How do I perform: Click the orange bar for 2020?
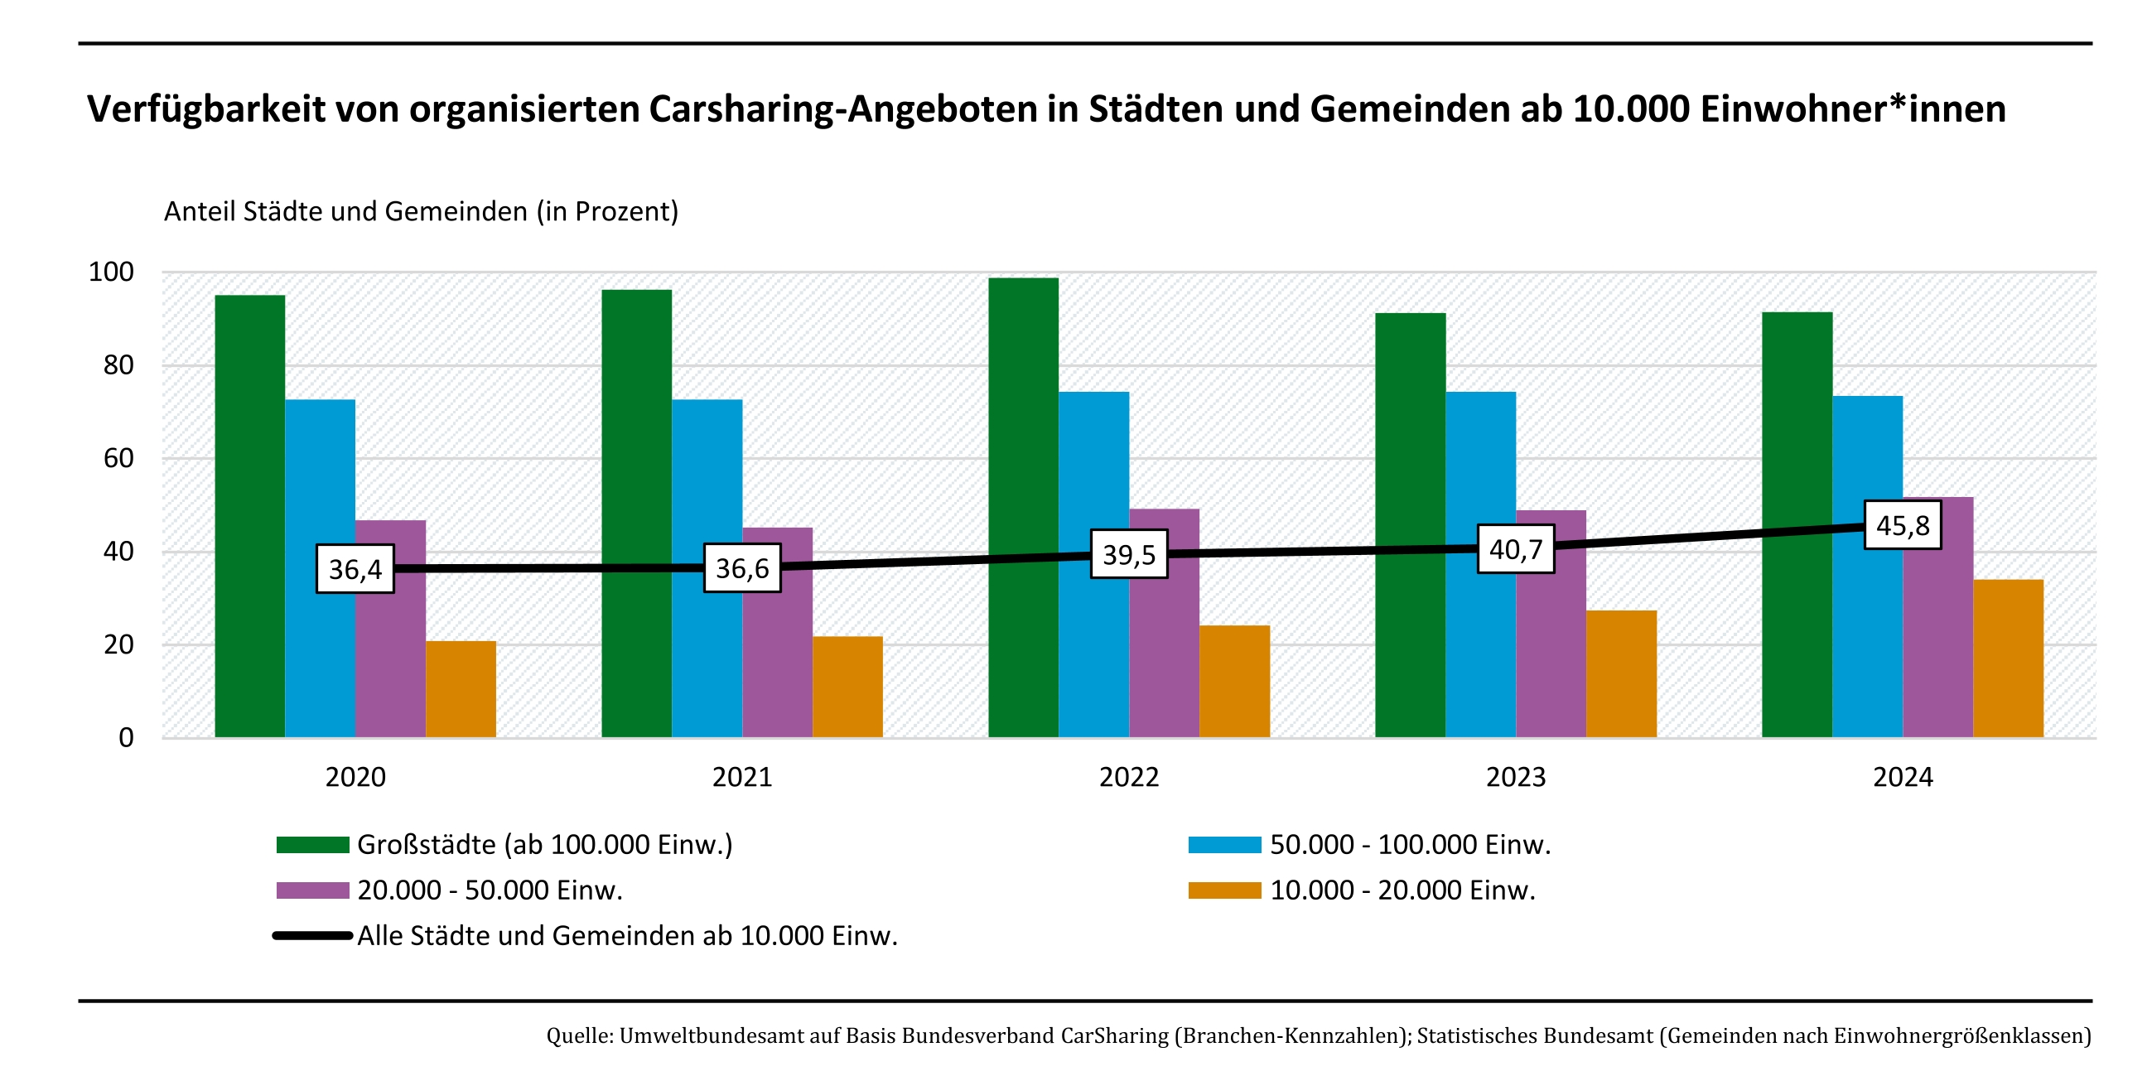[461, 689]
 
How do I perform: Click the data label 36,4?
[355, 569]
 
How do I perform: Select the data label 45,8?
[1902, 525]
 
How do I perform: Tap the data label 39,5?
[1129, 555]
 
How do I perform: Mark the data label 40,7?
[1515, 549]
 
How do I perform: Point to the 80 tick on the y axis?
[118, 365]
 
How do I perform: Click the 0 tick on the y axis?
[126, 738]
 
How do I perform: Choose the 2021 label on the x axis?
[742, 778]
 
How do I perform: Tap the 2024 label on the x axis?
[1902, 778]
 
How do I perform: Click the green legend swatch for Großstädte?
[312, 845]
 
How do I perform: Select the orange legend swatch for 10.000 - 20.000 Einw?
[1224, 890]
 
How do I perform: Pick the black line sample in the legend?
[312, 936]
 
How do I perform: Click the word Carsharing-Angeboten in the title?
[843, 109]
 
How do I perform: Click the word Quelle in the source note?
[579, 1036]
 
